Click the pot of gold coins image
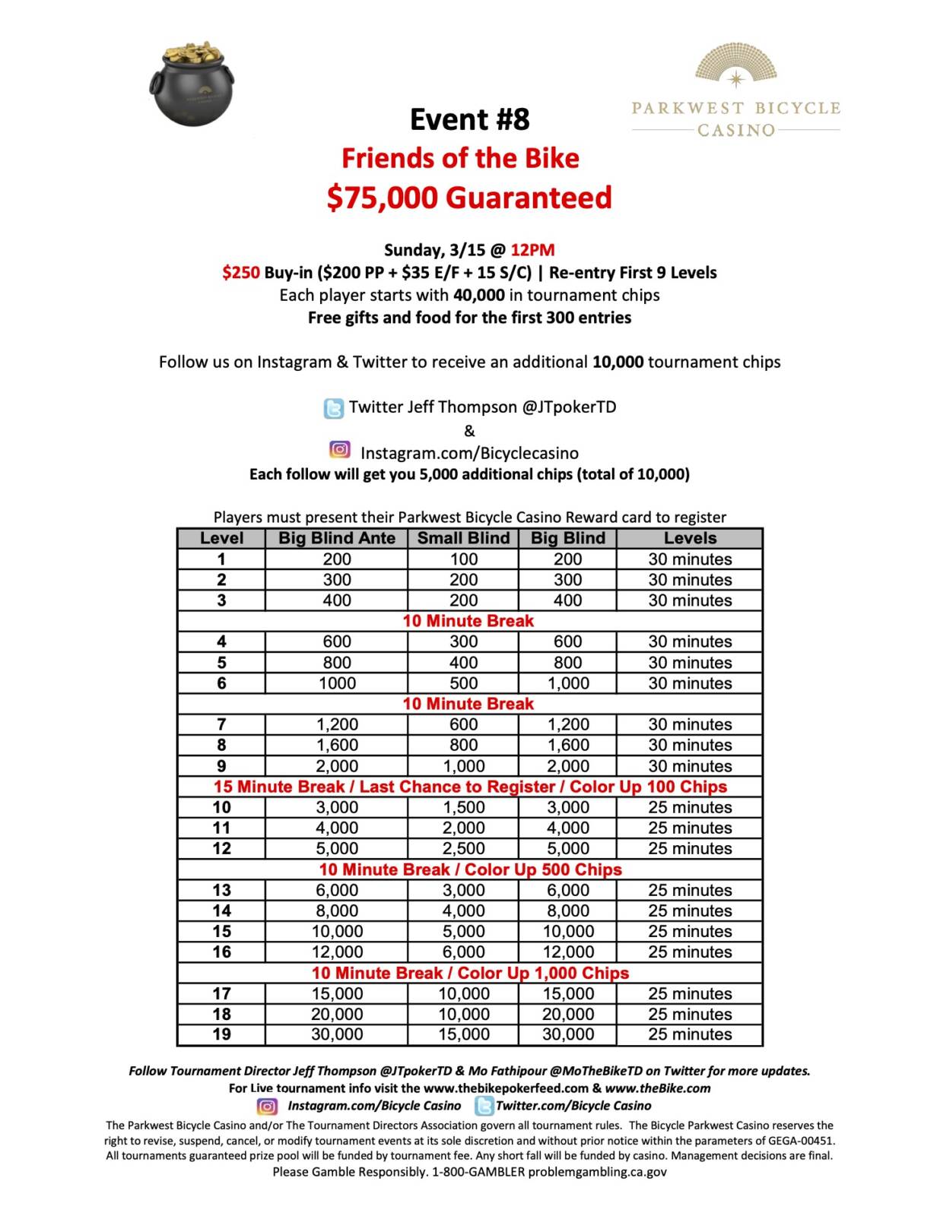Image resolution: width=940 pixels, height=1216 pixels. (192, 84)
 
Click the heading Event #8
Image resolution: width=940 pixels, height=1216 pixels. (469, 119)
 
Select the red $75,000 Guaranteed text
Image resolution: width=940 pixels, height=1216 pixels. (469, 198)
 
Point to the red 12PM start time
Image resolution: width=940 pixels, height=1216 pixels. (532, 250)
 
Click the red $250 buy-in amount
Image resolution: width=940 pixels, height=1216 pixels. (240, 273)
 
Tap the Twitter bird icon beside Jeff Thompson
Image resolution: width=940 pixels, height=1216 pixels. (334, 408)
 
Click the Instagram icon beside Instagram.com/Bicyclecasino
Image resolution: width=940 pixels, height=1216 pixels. (340, 450)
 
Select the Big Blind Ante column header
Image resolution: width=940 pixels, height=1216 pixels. (336, 538)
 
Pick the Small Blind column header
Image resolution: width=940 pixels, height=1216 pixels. (463, 538)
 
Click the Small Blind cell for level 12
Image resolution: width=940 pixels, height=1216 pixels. (463, 848)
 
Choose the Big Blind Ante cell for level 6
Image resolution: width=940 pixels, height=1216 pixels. (336, 683)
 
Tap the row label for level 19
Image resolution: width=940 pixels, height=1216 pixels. (221, 1034)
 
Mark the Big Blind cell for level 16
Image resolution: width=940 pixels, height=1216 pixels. (567, 952)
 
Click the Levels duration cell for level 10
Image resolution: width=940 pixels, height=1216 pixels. (690, 807)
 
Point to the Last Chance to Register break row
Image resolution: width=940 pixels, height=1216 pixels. (469, 787)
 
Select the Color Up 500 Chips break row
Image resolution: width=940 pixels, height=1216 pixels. (469, 869)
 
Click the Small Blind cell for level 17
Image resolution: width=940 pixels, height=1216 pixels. (463, 993)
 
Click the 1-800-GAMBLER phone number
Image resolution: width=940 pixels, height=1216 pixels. (478, 1172)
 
